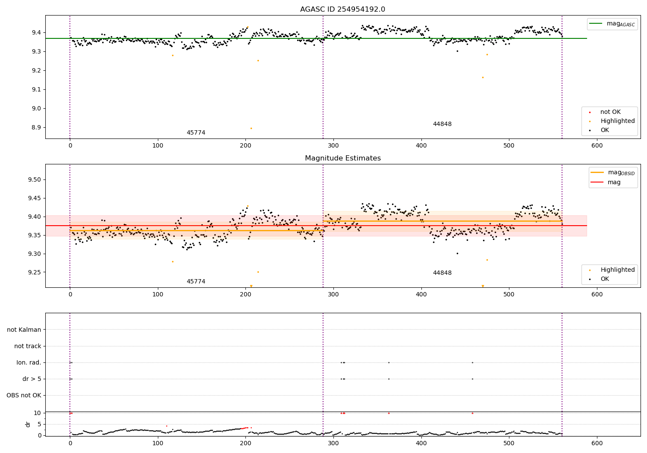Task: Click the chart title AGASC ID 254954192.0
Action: [342, 9]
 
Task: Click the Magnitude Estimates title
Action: [342, 158]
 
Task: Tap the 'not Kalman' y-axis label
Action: [24, 330]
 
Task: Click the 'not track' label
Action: [28, 346]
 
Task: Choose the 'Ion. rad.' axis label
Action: [29, 362]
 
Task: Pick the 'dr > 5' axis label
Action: [32, 379]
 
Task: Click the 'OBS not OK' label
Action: [24, 395]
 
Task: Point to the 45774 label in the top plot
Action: [196, 133]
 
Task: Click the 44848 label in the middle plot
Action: [442, 273]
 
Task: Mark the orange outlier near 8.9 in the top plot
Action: [251, 128]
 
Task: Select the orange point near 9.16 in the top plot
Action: [483, 78]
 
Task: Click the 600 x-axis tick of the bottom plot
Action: [597, 443]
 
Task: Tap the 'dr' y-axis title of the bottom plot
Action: [28, 424]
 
